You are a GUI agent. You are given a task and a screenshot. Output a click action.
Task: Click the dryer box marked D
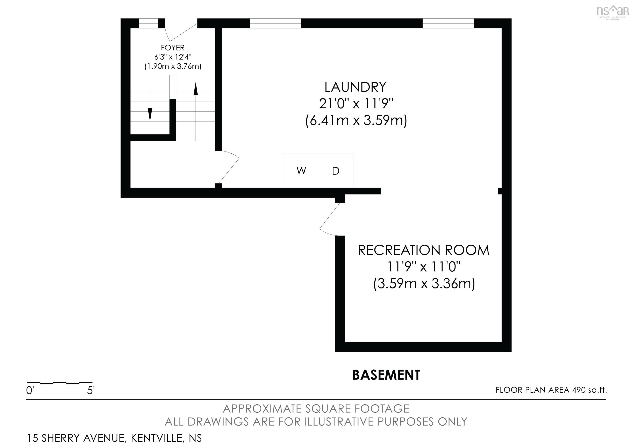[336, 171]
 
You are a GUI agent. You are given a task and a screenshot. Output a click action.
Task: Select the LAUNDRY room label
[355, 87]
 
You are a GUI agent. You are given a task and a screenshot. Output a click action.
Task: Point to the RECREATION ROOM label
[424, 250]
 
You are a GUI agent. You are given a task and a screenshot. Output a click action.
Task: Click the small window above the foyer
[148, 23]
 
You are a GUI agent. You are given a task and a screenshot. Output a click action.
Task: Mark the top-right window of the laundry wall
[448, 23]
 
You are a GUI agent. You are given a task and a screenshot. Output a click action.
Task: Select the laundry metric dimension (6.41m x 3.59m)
[356, 121]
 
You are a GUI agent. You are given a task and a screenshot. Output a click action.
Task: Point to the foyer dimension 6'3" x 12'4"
[173, 57]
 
